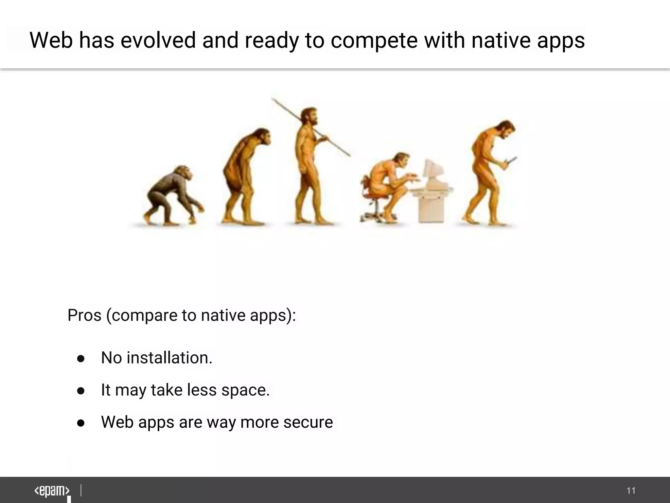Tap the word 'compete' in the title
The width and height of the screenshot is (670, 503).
(x=374, y=41)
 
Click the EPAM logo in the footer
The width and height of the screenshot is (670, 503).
(x=52, y=491)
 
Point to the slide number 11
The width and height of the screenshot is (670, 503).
(x=631, y=491)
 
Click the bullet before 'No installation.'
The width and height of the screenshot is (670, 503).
(x=81, y=359)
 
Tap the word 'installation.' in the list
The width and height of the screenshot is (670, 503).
(x=169, y=358)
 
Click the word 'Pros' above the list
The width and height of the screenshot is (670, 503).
(x=84, y=315)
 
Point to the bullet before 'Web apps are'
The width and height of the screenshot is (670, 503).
(x=81, y=423)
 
